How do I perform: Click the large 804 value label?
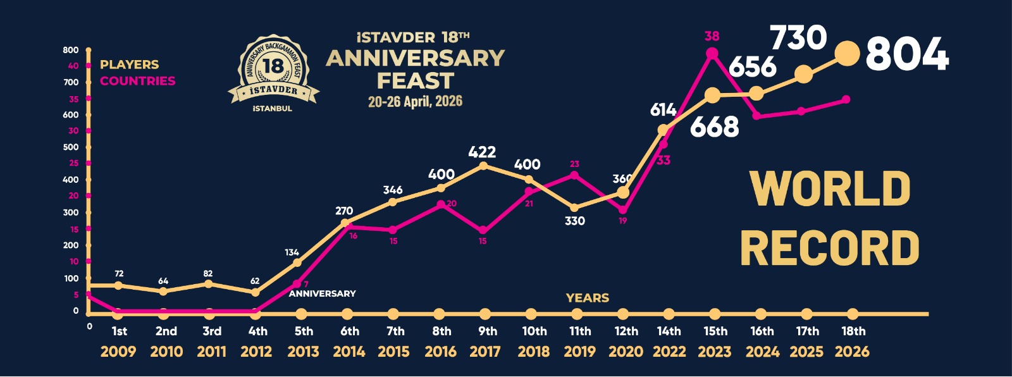(907, 54)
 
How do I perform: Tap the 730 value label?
(798, 38)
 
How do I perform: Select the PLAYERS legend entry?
(129, 65)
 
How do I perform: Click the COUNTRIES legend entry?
(137, 81)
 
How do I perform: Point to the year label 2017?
(485, 352)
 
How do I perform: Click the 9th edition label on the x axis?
(488, 331)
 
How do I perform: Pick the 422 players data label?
(482, 152)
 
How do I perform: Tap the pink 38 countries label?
(712, 36)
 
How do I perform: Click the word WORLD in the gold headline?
(830, 188)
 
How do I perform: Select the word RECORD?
(830, 248)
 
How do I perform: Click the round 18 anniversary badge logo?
(273, 71)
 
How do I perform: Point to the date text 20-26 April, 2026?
(415, 101)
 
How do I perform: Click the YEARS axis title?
(588, 298)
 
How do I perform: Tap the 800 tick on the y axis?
(71, 50)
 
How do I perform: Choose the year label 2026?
(852, 352)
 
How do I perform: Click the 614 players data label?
(663, 110)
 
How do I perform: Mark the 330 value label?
(574, 221)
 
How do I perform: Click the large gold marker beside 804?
(848, 54)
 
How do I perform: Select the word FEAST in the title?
(416, 81)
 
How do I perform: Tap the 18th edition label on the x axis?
(853, 331)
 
